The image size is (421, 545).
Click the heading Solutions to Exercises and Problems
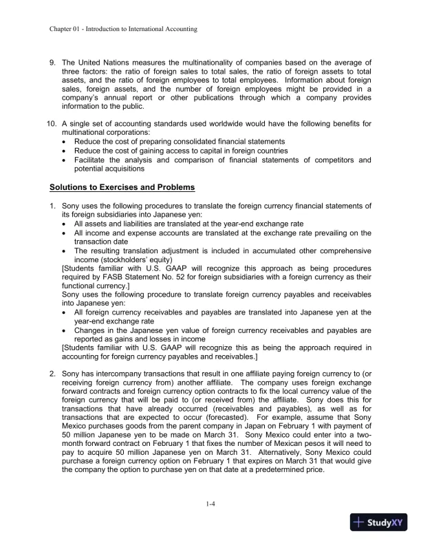click(122, 187)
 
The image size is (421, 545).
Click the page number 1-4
click(210, 504)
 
